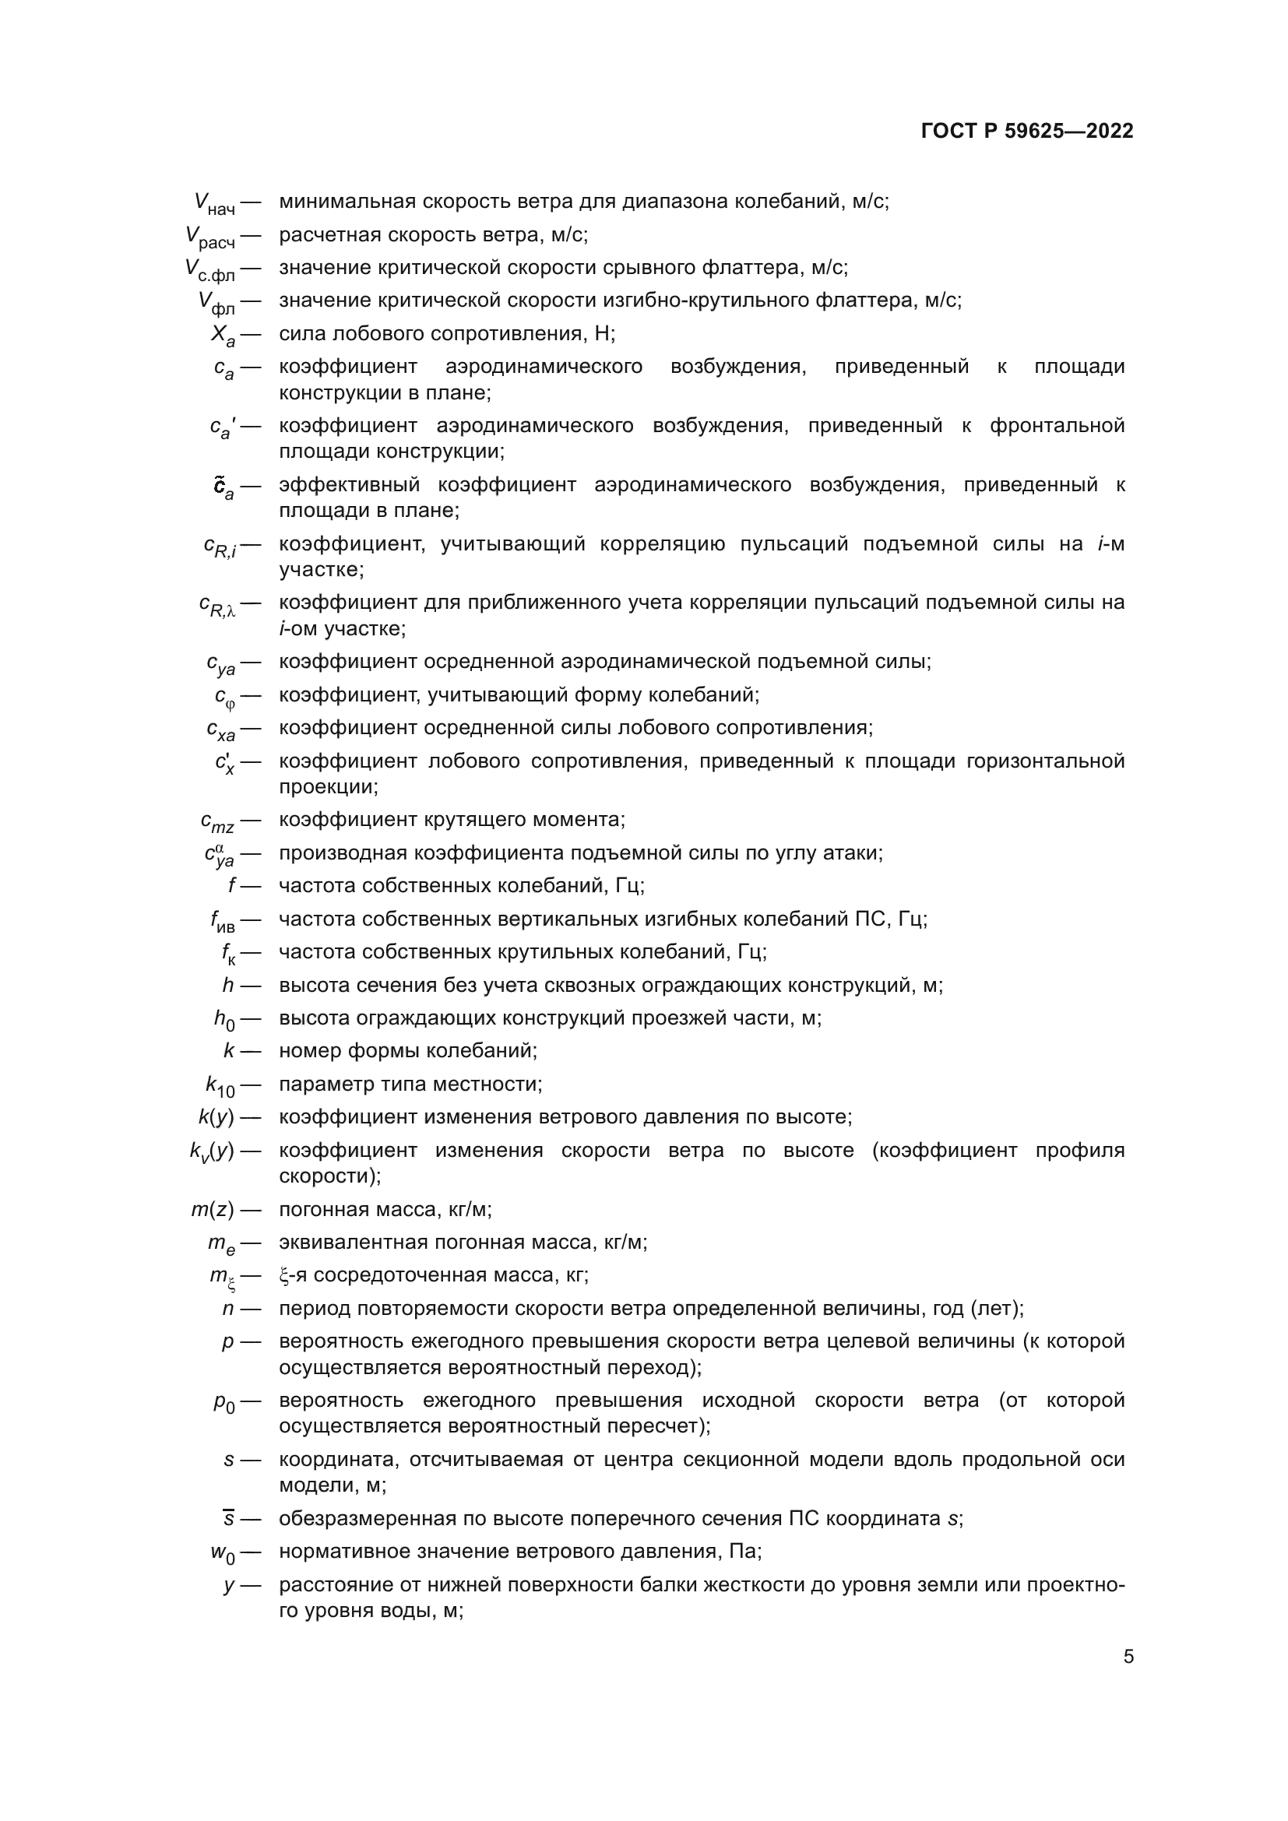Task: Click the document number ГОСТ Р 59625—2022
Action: point(1027,132)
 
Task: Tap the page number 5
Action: point(1128,1656)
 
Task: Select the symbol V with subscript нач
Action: point(214,204)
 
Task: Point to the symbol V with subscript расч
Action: point(210,237)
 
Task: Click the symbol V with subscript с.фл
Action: point(210,270)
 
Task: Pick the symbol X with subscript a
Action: point(223,336)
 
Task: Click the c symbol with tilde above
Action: point(223,487)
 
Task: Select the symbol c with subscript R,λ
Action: point(217,606)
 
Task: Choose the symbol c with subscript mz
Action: point(217,822)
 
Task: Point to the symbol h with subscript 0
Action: point(224,1020)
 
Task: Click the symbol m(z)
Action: point(213,1210)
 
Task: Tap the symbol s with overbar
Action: point(228,1519)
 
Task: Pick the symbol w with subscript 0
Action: point(223,1554)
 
